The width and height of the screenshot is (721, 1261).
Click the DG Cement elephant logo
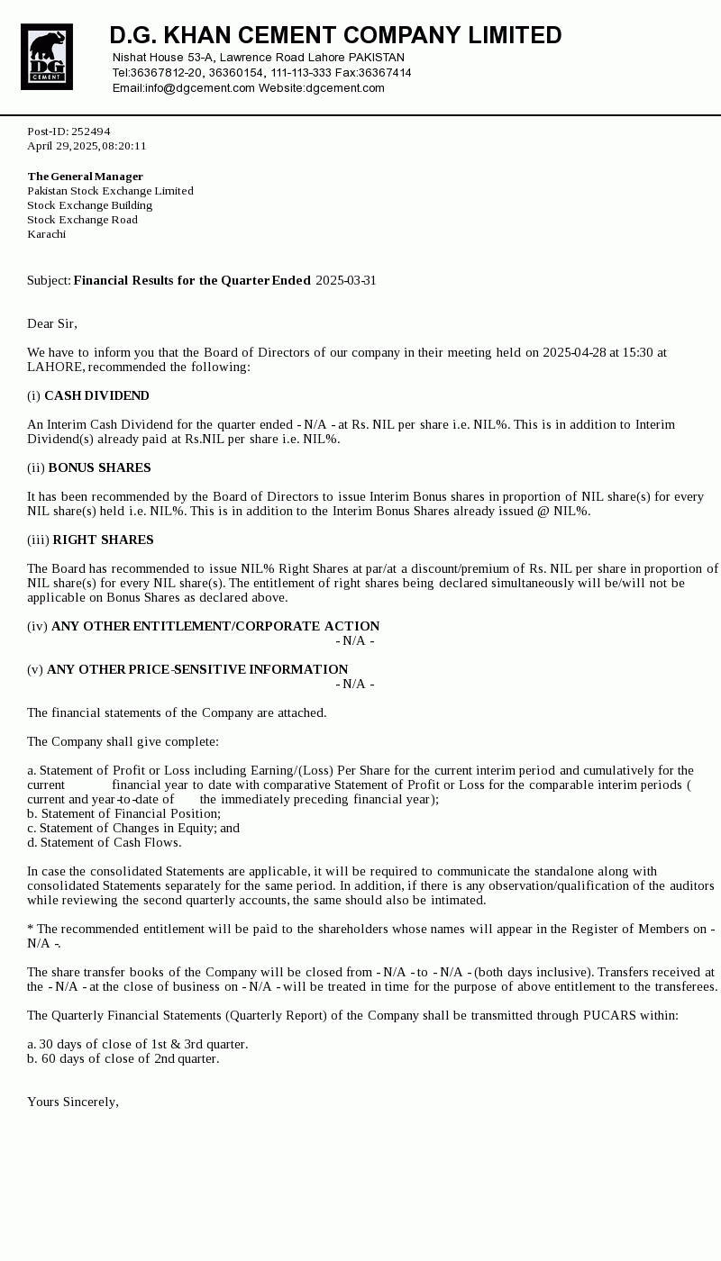pyautogui.click(x=47, y=57)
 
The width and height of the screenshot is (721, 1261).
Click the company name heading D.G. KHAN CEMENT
pyautogui.click(x=335, y=35)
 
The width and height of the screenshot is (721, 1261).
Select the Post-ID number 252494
pyautogui.click(x=90, y=132)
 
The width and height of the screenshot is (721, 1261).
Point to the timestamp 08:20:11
pyautogui.click(x=124, y=146)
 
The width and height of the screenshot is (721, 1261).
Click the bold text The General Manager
pyautogui.click(x=85, y=177)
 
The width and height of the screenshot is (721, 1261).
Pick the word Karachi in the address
pyautogui.click(x=46, y=234)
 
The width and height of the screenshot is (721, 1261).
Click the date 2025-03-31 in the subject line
pyautogui.click(x=346, y=280)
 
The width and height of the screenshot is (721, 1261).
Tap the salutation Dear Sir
pyautogui.click(x=52, y=323)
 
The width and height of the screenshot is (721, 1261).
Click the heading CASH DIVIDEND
pyautogui.click(x=96, y=395)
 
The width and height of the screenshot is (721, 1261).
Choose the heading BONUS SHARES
pyautogui.click(x=99, y=467)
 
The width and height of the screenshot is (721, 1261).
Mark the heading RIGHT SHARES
pyautogui.click(x=103, y=540)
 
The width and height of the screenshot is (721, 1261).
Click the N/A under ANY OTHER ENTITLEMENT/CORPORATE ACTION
pyautogui.click(x=355, y=640)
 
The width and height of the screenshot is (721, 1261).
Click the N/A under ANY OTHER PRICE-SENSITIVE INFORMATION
pyautogui.click(x=355, y=684)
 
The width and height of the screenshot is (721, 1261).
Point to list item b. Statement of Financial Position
pyautogui.click(x=123, y=813)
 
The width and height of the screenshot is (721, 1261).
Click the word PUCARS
pyautogui.click(x=609, y=1015)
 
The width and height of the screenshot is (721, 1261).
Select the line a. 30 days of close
pyautogui.click(x=137, y=1044)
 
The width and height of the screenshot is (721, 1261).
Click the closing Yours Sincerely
pyautogui.click(x=72, y=1102)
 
